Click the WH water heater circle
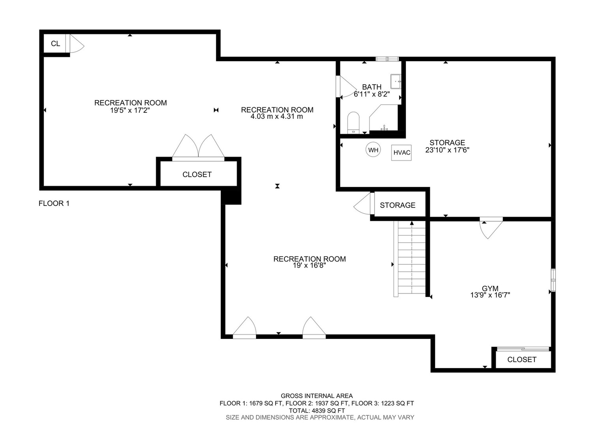coord(373,150)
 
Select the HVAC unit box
coord(401,153)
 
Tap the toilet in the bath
coord(353,123)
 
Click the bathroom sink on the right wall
coord(396,82)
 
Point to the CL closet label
coord(56,44)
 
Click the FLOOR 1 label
coord(54,203)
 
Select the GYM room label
coord(490,288)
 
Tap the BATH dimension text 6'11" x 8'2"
coord(372,94)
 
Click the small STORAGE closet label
coord(398,205)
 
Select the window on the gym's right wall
coord(553,280)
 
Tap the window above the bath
coord(387,59)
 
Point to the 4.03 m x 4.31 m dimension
coord(277,117)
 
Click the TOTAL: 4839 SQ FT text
coord(317,411)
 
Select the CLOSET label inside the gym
coord(522,359)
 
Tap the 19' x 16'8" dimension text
coord(310,265)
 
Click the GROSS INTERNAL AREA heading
coord(317,396)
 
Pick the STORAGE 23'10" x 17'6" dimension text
coord(447,150)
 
